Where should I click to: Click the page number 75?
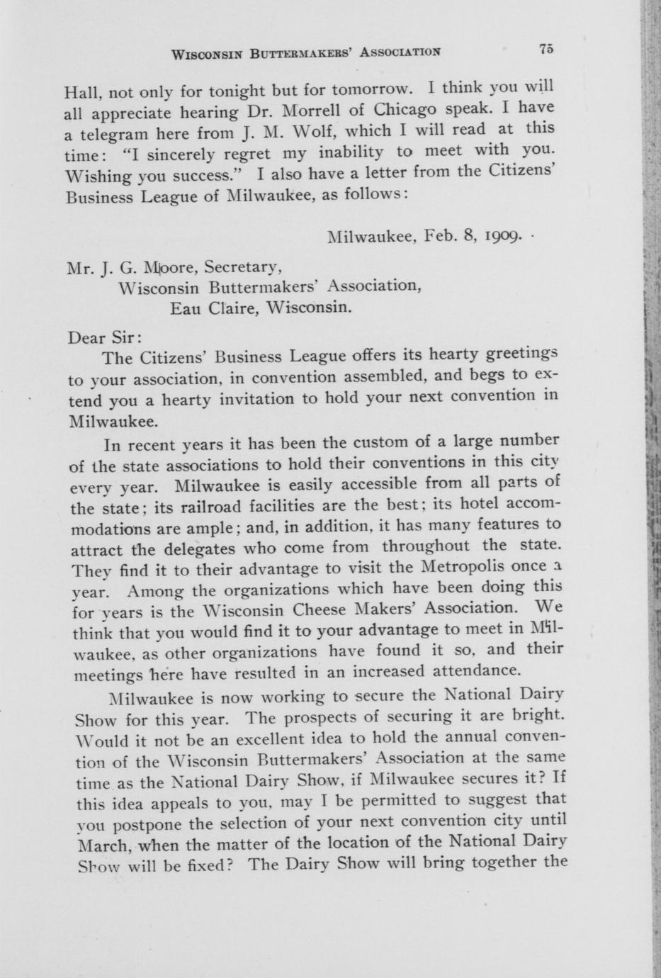coord(545,49)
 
